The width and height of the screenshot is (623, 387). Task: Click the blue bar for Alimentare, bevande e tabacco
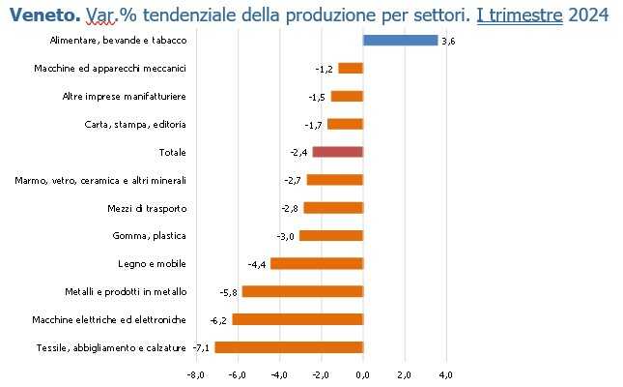[400, 41]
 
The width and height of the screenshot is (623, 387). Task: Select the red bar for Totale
[337, 152]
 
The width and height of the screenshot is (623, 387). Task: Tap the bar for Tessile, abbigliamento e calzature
[288, 347]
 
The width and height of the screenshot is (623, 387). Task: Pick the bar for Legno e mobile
[316, 263]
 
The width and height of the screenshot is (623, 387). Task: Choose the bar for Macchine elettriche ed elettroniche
[297, 319]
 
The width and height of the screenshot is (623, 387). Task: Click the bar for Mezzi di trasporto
[333, 208]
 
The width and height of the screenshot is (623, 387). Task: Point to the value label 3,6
[447, 41]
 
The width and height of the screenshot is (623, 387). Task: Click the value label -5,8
[229, 292]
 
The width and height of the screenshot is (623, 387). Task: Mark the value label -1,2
[324, 69]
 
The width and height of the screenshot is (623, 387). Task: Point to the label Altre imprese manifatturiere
[125, 97]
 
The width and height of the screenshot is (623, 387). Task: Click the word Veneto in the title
[42, 15]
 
